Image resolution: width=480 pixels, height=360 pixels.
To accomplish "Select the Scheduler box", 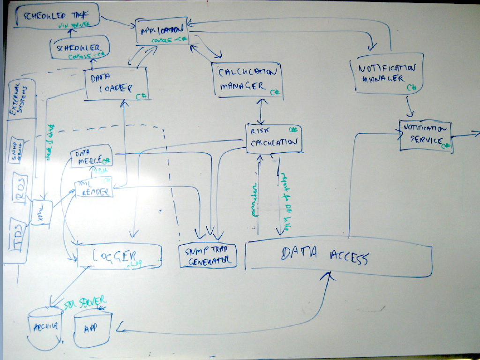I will tap(79, 49).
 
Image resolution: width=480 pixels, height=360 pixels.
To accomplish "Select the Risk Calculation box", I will tap(274, 138).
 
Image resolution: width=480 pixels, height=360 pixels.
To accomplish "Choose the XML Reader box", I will tap(94, 187).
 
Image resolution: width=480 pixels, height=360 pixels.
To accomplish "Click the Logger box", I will tap(119, 256).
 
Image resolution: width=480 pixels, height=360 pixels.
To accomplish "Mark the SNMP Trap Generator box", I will tap(208, 255).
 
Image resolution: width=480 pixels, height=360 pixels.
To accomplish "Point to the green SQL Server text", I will tap(84, 302).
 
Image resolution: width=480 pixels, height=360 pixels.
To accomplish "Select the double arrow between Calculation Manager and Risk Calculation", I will tap(260, 111).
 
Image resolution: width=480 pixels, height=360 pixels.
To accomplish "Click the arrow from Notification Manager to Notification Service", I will tap(409, 107).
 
